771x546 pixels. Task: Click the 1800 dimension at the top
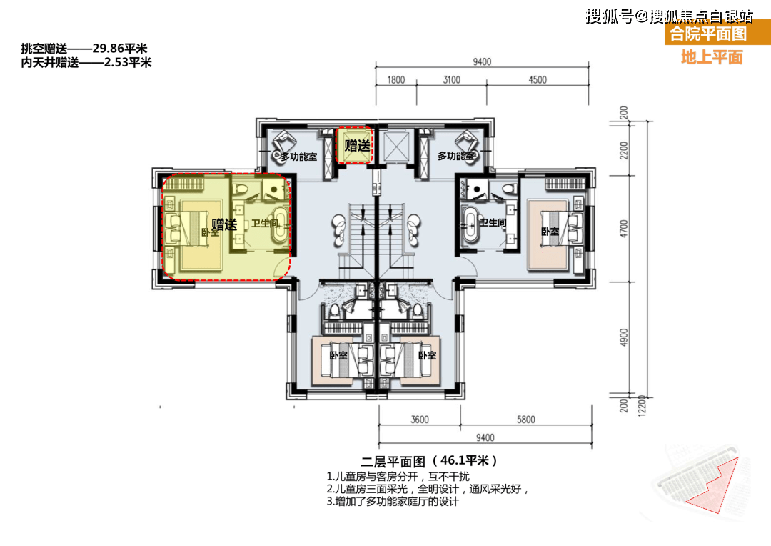coord(396,80)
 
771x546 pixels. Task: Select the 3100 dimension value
coord(451,80)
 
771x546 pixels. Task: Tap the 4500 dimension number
coord(537,80)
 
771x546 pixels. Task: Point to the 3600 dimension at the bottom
coord(419,420)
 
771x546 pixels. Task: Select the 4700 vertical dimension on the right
coord(625,228)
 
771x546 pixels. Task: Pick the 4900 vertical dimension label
coord(625,337)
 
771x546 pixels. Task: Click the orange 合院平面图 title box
coord(707,34)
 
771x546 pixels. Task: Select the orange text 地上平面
coord(712,57)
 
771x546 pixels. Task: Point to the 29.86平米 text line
coord(84,49)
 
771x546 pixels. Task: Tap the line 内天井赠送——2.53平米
coord(86,62)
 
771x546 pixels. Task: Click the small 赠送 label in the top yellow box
coord(356,146)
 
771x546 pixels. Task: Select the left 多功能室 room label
coord(298,156)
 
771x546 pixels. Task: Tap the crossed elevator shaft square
coord(393,146)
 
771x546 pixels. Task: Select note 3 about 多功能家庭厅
coord(393,502)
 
